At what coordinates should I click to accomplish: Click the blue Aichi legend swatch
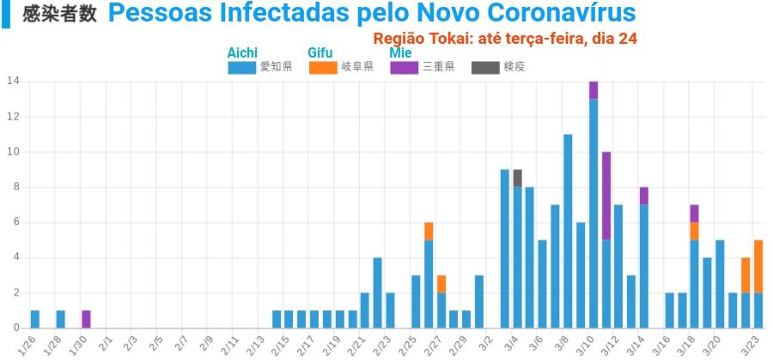(241, 67)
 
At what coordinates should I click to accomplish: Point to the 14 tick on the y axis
(13, 82)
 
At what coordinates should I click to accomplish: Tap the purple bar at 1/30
(86, 319)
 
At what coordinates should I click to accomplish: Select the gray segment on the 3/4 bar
(517, 178)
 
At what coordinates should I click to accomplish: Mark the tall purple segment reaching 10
(606, 196)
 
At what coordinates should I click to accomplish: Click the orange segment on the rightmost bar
(758, 266)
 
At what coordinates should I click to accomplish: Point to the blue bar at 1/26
(35, 319)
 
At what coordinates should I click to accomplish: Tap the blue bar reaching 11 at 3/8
(568, 231)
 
